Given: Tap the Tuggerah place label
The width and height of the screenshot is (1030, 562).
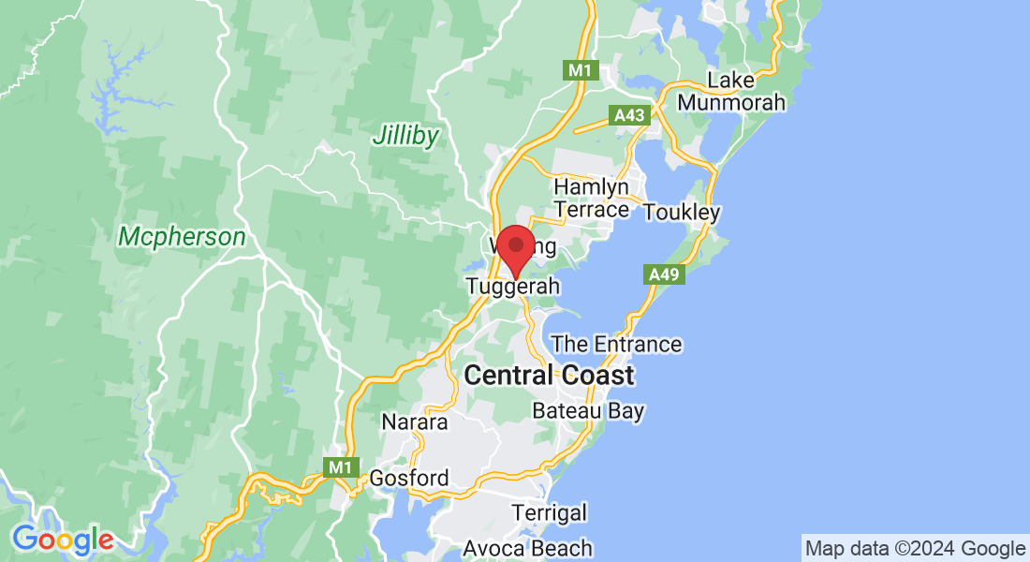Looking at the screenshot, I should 513,287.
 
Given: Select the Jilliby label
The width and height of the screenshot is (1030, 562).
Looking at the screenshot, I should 405,136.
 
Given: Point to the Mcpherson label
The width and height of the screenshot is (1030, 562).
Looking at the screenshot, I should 182,237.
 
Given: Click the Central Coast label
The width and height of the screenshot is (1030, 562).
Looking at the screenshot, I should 549,376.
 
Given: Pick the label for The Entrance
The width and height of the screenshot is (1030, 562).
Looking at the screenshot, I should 616,345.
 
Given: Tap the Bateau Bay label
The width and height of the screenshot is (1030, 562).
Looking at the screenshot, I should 588,410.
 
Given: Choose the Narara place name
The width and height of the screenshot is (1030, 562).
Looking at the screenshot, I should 415,422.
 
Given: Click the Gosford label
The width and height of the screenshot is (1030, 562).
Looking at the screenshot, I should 409,478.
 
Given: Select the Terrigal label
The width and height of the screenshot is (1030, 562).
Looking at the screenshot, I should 550,512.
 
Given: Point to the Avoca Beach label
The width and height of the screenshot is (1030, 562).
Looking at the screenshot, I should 529,548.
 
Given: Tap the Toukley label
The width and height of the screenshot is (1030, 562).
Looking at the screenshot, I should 682,213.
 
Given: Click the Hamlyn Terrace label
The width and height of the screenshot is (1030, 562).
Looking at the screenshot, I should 592,198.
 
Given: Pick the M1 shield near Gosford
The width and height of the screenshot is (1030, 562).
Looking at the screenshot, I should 338,466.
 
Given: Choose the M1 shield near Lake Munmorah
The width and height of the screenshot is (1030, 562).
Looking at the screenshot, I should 580,69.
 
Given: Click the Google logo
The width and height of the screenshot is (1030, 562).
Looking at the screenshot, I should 62,540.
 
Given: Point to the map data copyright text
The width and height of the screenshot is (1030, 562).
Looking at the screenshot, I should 916,548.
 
